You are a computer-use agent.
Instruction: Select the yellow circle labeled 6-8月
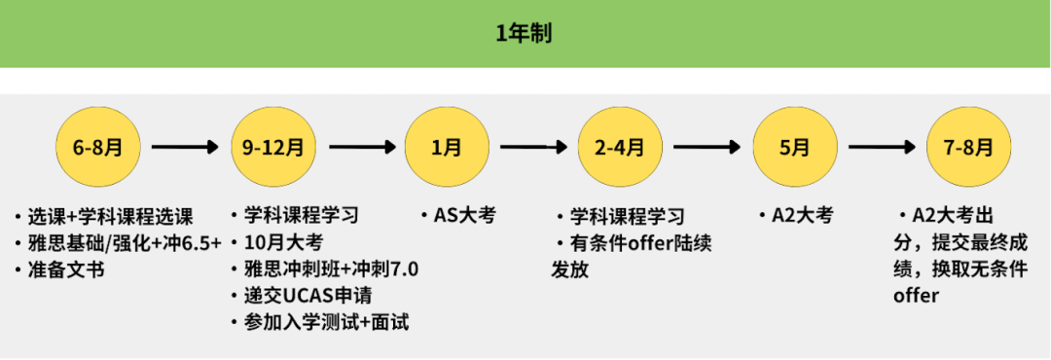tap(97, 148)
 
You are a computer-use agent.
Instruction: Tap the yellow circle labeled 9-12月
tap(272, 148)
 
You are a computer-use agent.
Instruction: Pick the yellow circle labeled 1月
tap(447, 148)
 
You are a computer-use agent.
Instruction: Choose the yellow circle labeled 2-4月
tap(620, 148)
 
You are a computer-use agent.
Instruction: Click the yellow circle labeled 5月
tap(794, 148)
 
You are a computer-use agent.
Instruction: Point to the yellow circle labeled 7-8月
tap(969, 148)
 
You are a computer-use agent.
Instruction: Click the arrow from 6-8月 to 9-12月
tap(185, 148)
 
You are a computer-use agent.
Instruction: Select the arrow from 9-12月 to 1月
tap(361, 148)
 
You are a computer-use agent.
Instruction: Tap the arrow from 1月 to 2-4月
tap(533, 148)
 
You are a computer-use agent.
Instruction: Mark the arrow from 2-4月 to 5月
tap(707, 148)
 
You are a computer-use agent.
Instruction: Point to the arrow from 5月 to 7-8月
tap(882, 148)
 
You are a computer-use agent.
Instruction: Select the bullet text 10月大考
tap(286, 242)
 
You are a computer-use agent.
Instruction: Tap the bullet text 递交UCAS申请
tap(307, 296)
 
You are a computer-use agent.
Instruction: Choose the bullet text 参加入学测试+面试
tap(326, 322)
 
